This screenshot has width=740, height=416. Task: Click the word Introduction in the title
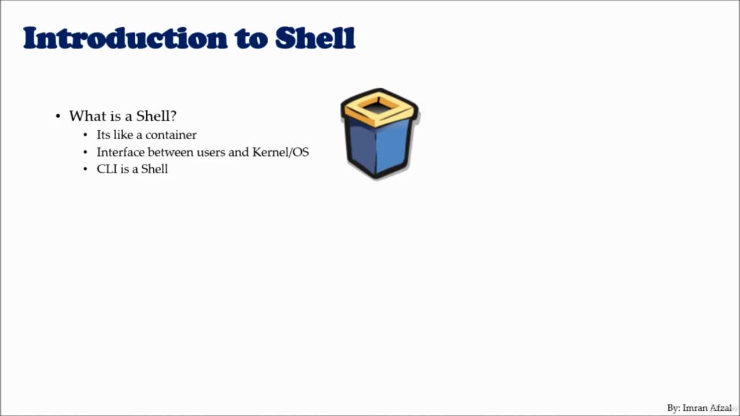tap(125, 38)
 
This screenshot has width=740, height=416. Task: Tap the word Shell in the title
tap(315, 38)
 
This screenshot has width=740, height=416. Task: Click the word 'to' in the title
tap(251, 40)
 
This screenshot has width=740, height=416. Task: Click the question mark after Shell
tap(173, 116)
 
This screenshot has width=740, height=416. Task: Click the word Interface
tap(120, 152)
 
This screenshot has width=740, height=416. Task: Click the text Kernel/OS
tap(280, 152)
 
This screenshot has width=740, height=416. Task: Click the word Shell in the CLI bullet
tap(154, 169)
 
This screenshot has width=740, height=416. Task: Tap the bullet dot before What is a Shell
tap(58, 116)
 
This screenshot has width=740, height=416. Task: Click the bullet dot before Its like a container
tap(86, 135)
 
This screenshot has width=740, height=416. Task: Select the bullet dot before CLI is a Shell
tap(86, 169)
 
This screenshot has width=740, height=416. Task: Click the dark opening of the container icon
tap(379, 107)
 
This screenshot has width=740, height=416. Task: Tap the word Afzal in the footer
tap(721, 408)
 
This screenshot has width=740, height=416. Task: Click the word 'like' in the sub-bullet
tap(123, 135)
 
